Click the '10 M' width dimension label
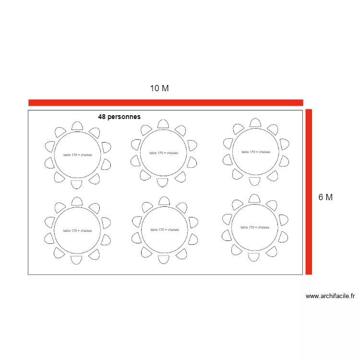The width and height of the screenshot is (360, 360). tap(159, 88)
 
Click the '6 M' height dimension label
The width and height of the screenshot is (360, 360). tap(325, 197)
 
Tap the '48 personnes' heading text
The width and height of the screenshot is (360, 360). tap(119, 117)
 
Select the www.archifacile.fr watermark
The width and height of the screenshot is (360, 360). tap(330, 296)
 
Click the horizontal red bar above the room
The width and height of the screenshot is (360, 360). tap(166, 102)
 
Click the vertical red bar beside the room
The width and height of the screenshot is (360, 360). tap(309, 192)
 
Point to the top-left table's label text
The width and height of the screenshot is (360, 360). tap(77, 155)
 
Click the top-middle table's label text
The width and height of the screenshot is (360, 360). tap(164, 153)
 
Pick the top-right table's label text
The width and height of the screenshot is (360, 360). tap(255, 152)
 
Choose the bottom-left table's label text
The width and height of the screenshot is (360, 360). tap(77, 231)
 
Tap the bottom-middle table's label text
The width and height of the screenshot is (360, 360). tap(164, 230)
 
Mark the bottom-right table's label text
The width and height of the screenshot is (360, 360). tap(254, 228)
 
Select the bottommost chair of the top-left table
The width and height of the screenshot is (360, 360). tap(77, 184)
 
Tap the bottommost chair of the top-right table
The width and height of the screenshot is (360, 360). tap(255, 181)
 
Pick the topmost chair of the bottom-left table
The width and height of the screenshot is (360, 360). tap(77, 200)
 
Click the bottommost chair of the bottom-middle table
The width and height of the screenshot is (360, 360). tap(164, 260)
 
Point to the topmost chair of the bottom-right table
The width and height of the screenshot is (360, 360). tap(254, 198)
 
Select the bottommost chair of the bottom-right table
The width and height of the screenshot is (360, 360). tap(254, 257)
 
